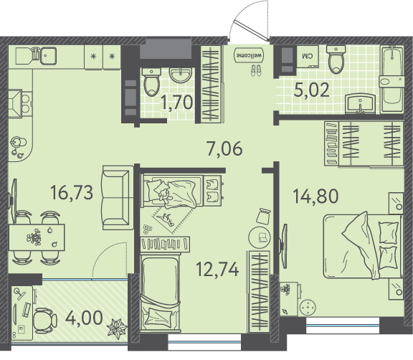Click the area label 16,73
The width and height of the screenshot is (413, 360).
click(x=72, y=192)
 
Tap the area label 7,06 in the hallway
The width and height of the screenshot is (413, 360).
click(x=224, y=148)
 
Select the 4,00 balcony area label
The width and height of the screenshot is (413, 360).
click(x=84, y=318)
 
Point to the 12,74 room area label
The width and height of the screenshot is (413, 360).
click(x=217, y=270)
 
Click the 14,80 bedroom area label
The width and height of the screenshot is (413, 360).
click(x=315, y=196)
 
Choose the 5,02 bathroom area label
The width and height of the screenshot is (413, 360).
click(x=312, y=90)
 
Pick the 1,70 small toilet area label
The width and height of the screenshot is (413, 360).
click(x=177, y=103)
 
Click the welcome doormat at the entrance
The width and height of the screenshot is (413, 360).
click(x=250, y=55)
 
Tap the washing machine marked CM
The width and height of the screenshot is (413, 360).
click(x=308, y=57)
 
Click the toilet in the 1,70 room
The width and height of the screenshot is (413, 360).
click(x=152, y=81)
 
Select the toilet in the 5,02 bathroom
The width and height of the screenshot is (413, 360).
click(x=336, y=59)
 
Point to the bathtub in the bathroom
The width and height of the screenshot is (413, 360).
click(x=392, y=79)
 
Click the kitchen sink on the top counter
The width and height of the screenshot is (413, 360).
click(x=48, y=56)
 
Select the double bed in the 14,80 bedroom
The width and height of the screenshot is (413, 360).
click(x=363, y=246)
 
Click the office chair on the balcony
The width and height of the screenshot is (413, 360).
click(x=45, y=321)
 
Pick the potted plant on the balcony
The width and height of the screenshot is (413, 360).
click(x=117, y=328)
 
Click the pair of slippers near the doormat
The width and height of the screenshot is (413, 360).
click(x=256, y=70)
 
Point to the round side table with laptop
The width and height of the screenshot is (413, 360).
click(x=260, y=237)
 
